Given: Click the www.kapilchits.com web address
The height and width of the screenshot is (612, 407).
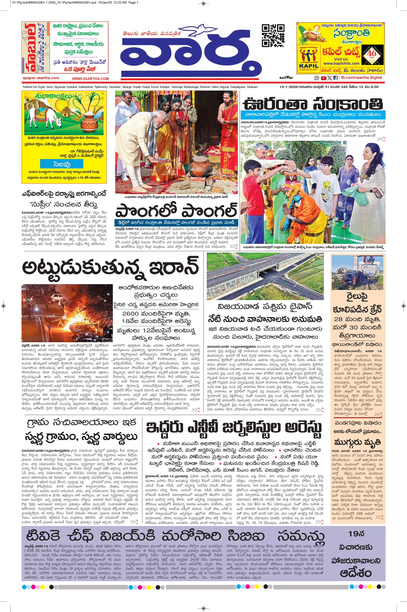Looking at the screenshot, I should pos(341,63).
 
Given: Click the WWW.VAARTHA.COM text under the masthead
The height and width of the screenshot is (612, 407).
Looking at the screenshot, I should pos(90,78).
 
